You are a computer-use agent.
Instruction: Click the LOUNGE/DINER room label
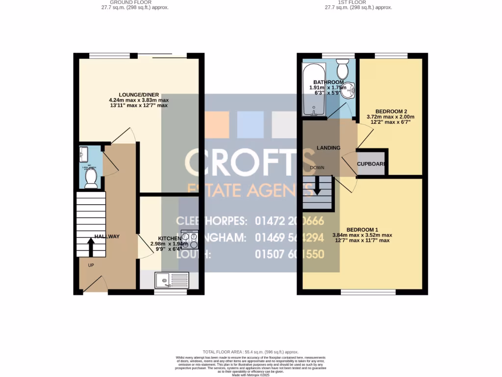(x=138, y=95)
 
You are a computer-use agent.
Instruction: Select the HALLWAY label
(x=107, y=237)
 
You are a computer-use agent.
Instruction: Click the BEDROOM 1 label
(x=362, y=230)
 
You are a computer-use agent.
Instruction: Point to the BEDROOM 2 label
(x=391, y=111)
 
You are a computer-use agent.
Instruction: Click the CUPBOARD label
(x=372, y=164)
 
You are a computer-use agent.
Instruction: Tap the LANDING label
(x=328, y=148)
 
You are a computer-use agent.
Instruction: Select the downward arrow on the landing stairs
(x=317, y=187)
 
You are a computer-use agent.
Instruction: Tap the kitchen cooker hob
(x=190, y=239)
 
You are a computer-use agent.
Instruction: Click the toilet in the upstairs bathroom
(x=343, y=69)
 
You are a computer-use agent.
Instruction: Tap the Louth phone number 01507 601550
(x=289, y=254)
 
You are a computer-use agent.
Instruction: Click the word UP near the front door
(x=91, y=266)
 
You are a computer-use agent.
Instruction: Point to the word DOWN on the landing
(x=317, y=168)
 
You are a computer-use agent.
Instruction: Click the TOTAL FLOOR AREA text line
(x=251, y=352)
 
